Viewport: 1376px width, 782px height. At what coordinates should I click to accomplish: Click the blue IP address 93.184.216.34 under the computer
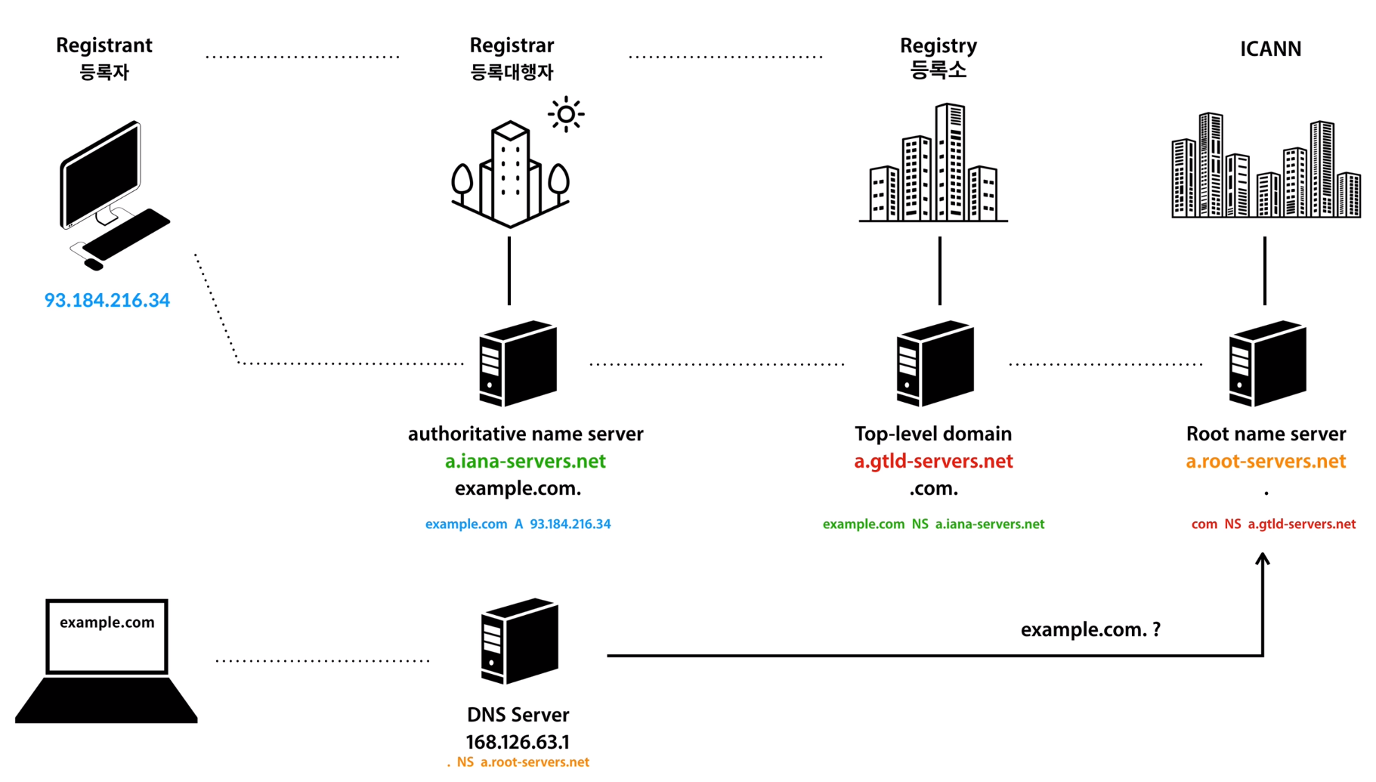107,300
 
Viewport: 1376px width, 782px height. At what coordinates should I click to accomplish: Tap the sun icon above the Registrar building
566,115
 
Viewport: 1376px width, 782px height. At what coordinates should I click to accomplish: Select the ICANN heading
1270,49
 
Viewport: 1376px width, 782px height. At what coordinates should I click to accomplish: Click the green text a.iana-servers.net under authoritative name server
525,461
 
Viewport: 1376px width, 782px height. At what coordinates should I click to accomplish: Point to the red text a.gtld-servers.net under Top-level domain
933,461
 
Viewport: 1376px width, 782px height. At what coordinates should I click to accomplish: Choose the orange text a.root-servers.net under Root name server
1266,461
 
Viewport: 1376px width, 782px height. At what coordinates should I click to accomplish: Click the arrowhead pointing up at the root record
1263,560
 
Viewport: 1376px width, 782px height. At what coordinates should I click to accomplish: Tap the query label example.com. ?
1090,629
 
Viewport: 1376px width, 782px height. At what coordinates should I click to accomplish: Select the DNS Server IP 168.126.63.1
518,742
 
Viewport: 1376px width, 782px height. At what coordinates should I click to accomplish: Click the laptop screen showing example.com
107,635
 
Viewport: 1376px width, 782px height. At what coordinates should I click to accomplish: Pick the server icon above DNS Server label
519,641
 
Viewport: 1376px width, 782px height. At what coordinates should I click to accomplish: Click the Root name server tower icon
1267,363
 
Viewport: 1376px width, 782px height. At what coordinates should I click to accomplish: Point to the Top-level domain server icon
935,363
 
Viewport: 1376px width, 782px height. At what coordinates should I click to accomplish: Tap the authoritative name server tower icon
518,363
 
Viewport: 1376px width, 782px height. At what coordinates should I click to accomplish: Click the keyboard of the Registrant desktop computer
126,234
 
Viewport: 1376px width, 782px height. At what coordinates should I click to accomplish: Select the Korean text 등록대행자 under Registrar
512,73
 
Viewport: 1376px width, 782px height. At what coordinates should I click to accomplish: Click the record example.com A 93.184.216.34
518,524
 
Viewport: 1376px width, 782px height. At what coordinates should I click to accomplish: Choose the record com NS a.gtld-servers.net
1273,524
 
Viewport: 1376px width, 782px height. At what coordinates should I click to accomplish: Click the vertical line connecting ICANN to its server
1265,270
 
